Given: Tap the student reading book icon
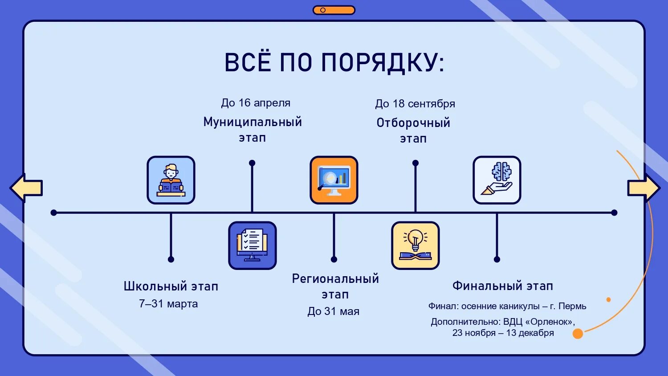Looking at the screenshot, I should (171, 180).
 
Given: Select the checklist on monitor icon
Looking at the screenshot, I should (253, 245).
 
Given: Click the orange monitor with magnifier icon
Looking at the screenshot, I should (334, 180).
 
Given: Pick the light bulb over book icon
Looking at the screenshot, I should (415, 245).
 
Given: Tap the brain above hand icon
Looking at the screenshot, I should (497, 180).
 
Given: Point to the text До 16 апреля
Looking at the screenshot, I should (256, 103).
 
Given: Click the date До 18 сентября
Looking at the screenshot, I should (415, 104).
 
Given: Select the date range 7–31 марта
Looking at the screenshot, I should (168, 304).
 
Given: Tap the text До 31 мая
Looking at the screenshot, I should (334, 311).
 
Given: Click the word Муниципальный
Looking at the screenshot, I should (253, 122).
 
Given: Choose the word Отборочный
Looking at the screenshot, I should (413, 123).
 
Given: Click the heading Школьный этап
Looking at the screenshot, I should (171, 286).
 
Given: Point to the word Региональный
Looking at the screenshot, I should (335, 279).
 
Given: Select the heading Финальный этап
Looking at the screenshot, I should (503, 286).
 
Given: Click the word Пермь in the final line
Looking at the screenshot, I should (572, 307).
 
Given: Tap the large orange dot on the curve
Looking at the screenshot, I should (578, 333).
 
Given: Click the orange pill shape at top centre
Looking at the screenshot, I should (334, 10).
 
